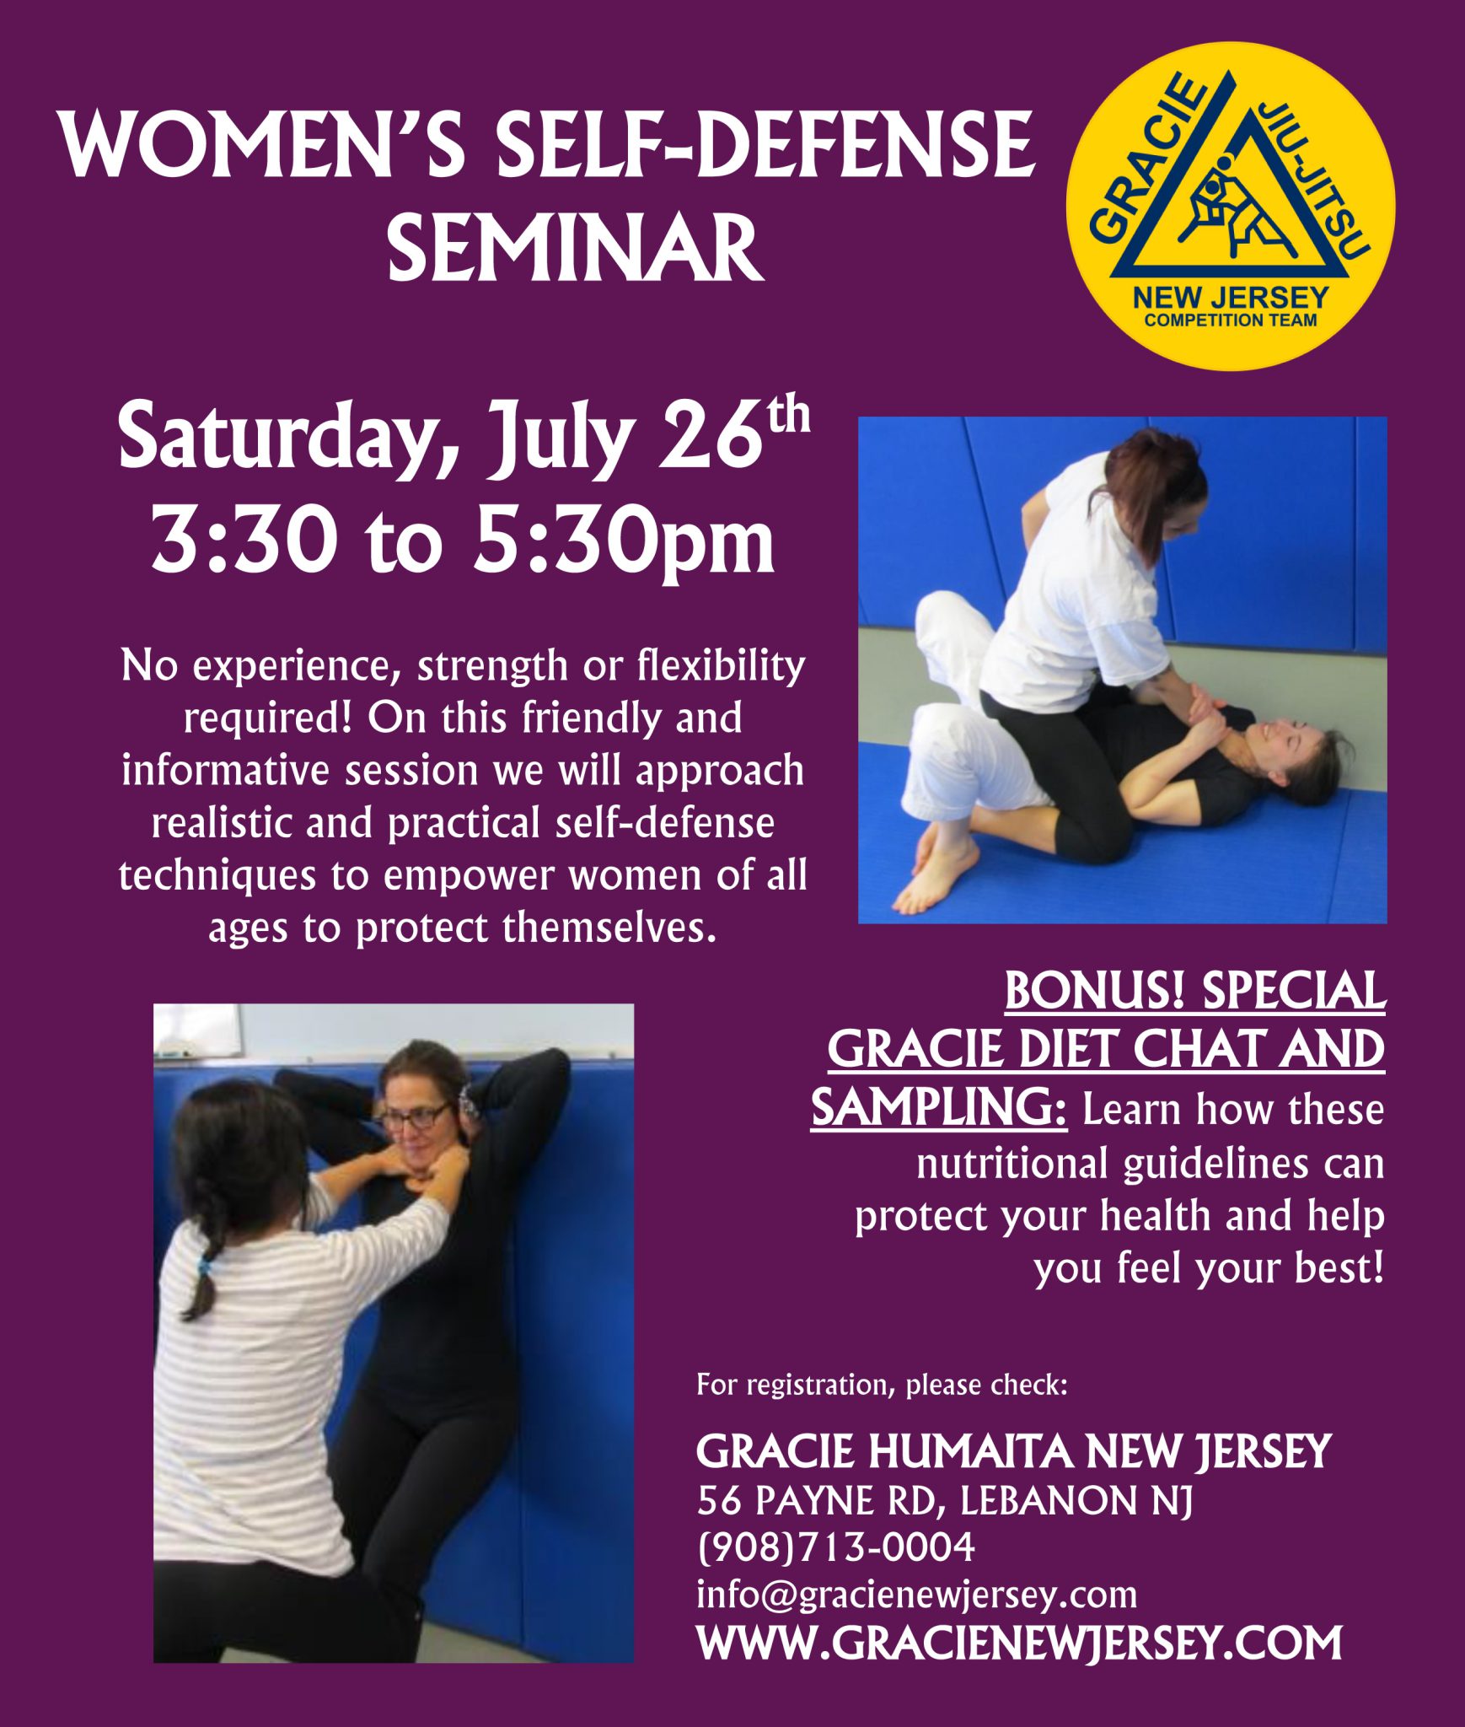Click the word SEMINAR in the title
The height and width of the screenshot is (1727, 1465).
coord(576,248)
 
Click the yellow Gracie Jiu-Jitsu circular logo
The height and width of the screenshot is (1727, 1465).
coord(1230,207)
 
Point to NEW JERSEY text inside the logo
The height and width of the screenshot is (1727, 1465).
coord(1230,298)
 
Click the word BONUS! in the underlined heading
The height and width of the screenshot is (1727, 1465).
coord(1095,992)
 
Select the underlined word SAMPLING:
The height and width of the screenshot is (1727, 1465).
coord(939,1108)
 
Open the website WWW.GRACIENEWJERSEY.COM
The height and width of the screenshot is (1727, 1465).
coord(1019,1643)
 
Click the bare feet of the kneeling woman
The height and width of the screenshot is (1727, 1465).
coord(936,873)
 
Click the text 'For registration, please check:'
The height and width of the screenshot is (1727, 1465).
coord(882,1385)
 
